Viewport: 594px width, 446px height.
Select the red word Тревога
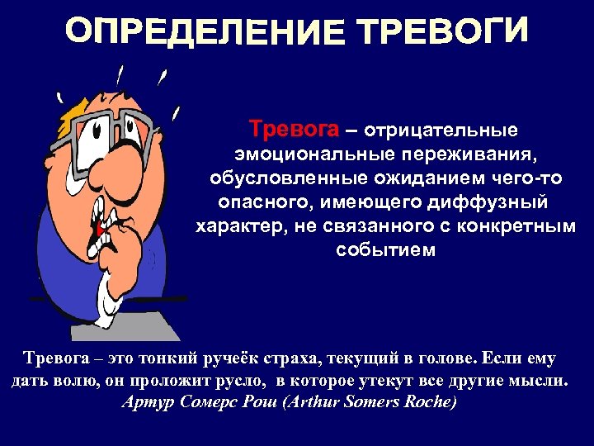[x=294, y=130]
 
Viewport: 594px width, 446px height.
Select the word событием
[x=384, y=250]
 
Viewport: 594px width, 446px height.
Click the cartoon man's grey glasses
[x=107, y=132]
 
